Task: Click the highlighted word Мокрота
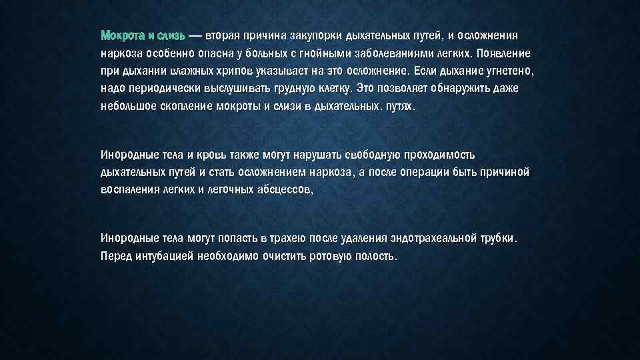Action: (x=121, y=35)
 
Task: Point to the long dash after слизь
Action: (x=195, y=35)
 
